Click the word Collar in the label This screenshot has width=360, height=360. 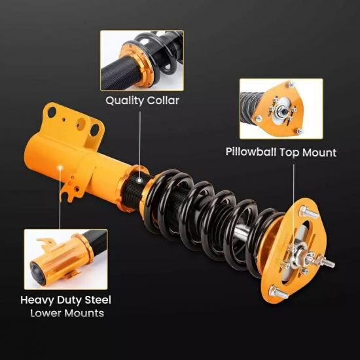pos(163,100)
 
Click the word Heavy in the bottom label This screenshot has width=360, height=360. pos(37,300)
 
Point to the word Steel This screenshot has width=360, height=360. pos(98,300)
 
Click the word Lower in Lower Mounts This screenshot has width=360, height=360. pos(45,313)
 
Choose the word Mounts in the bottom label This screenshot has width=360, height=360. pos(84,314)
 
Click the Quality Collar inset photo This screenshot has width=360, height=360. pos(142,61)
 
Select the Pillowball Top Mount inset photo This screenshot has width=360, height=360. pos(281,109)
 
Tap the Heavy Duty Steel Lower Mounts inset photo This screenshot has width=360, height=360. pos(65,259)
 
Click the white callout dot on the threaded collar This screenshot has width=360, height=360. pos(139,181)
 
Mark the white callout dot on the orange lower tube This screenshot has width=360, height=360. pos(60,168)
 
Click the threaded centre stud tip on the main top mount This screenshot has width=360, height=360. pos(331,264)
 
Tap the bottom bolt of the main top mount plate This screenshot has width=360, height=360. pos(278,293)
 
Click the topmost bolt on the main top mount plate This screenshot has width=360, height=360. pos(308,212)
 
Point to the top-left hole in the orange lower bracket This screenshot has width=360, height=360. pos(52,113)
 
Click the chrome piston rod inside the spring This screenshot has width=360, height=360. pos(241,232)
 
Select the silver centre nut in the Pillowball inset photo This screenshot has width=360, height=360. pos(283,111)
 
